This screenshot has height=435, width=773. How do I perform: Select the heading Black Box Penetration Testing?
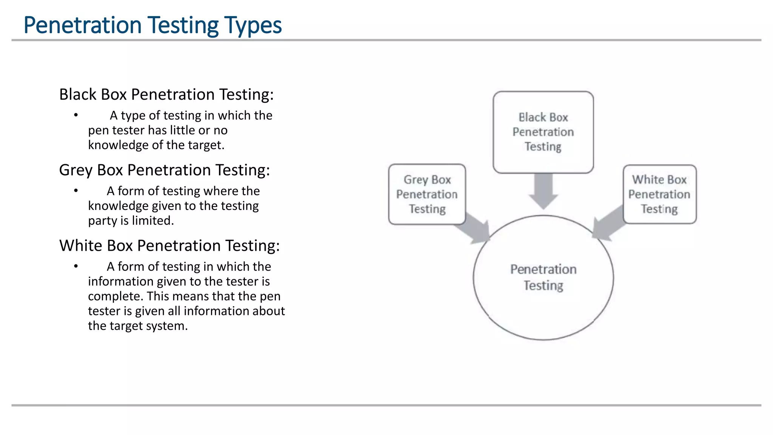[x=166, y=94]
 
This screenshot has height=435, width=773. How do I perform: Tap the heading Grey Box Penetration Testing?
[x=164, y=170]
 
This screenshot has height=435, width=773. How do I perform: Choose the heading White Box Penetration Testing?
[x=169, y=245]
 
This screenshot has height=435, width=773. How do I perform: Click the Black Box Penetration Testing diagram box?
[x=543, y=132]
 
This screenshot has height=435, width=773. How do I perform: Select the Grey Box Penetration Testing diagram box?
[x=427, y=194]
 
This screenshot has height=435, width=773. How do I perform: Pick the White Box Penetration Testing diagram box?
[x=659, y=194]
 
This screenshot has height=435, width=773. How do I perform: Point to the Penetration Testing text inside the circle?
[x=543, y=277]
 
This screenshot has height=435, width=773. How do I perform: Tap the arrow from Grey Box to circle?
[x=477, y=229]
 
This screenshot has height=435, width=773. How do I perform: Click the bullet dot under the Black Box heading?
[x=76, y=115]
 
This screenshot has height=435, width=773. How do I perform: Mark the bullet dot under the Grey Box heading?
[x=76, y=190]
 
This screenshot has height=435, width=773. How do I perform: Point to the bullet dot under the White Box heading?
[x=76, y=266]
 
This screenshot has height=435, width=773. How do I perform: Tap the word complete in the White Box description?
[x=115, y=296]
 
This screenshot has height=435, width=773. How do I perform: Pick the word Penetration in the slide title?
[x=83, y=25]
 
